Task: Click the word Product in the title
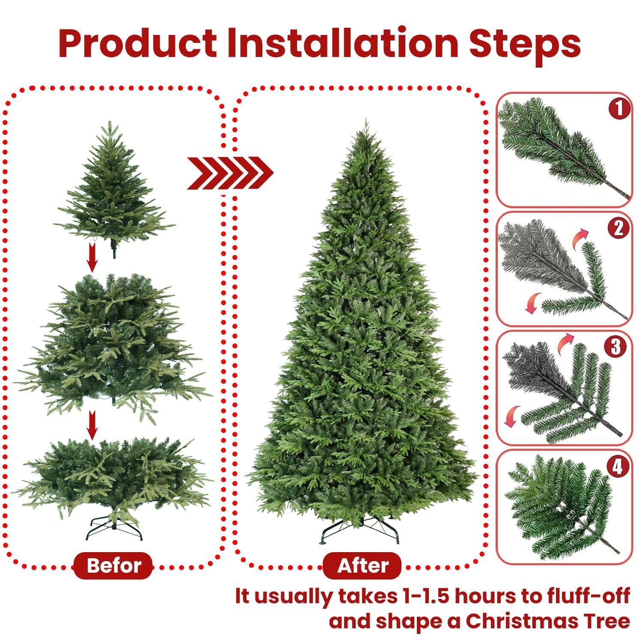click(x=138, y=44)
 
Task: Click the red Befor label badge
click(x=113, y=565)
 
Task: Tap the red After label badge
click(x=362, y=566)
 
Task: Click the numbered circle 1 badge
click(x=619, y=109)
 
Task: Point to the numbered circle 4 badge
click(x=617, y=467)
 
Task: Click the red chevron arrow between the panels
click(x=230, y=173)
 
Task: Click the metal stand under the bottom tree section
click(x=114, y=529)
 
